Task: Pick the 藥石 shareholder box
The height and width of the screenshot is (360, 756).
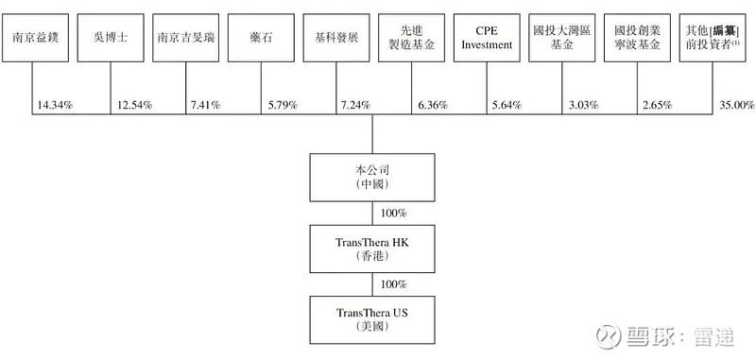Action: point(260,39)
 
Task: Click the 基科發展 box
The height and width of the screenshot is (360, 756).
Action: point(335,39)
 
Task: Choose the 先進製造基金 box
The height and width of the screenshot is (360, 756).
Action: point(411,39)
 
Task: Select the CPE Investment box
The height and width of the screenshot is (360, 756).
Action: point(487,39)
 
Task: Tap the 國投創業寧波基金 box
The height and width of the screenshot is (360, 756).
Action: point(637,39)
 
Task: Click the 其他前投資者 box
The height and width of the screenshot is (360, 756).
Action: point(714,39)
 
